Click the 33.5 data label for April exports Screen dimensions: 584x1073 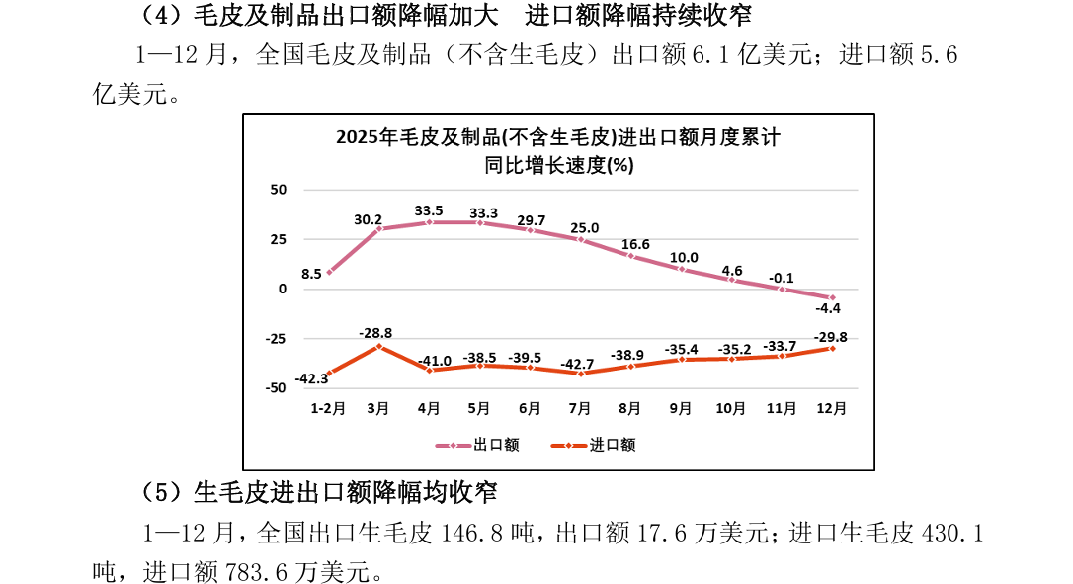tap(429, 210)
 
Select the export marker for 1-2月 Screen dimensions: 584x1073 tap(329, 273)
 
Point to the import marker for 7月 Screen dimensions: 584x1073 tap(581, 374)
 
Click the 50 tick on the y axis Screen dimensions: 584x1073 tap(278, 190)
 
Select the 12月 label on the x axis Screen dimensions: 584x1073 tap(831, 408)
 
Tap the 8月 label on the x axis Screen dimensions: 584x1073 tap(630, 408)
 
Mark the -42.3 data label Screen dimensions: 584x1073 tap(312, 378)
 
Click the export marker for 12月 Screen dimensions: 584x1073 tap(832, 297)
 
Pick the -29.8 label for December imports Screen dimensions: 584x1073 tap(830, 336)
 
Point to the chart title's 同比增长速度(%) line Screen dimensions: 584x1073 tap(558, 165)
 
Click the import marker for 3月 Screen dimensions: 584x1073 tap(379, 347)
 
